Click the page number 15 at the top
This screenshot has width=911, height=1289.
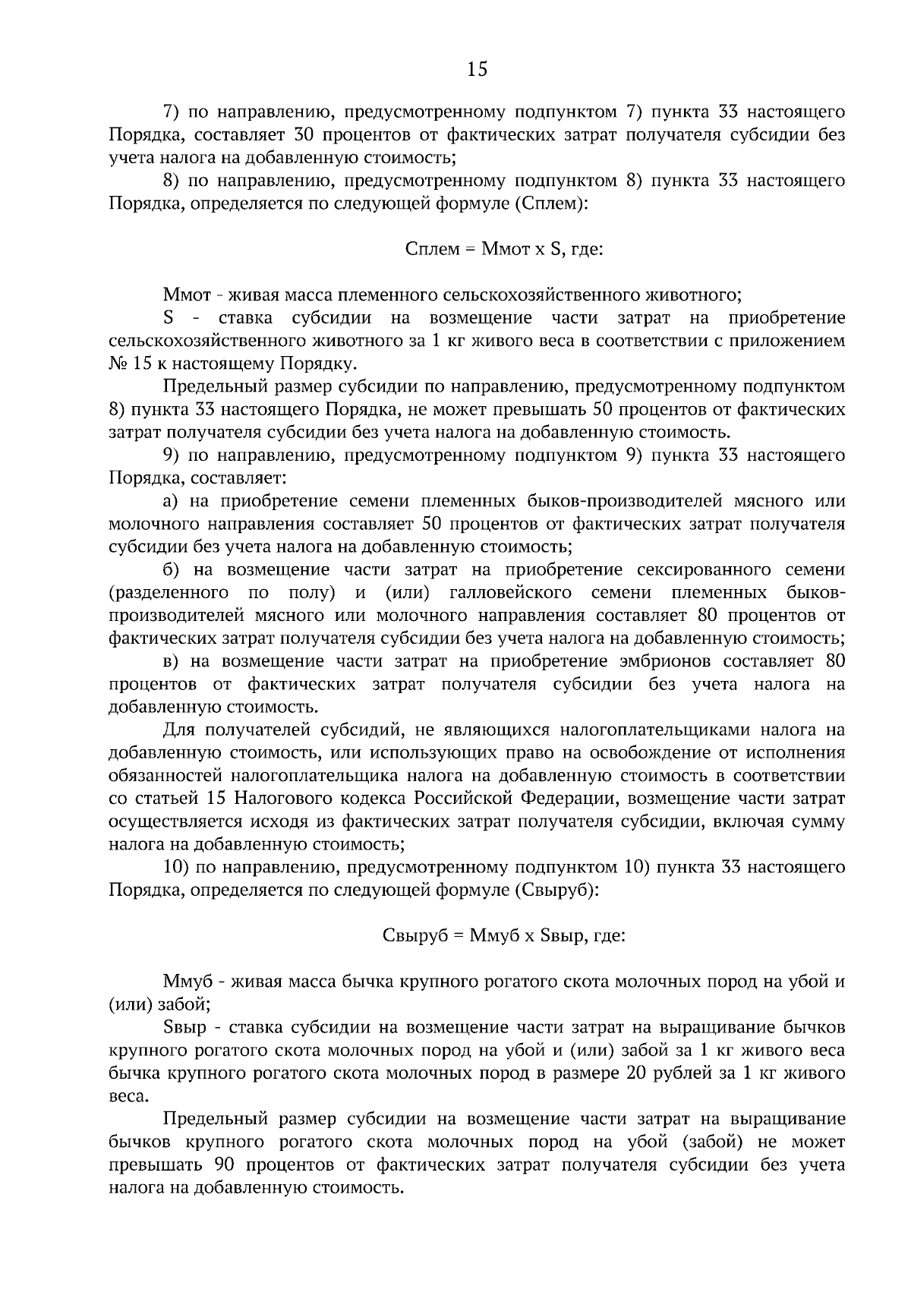(478, 70)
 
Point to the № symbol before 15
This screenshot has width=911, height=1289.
(118, 364)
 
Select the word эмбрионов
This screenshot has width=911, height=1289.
(670, 661)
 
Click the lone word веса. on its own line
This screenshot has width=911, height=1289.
(129, 1096)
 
